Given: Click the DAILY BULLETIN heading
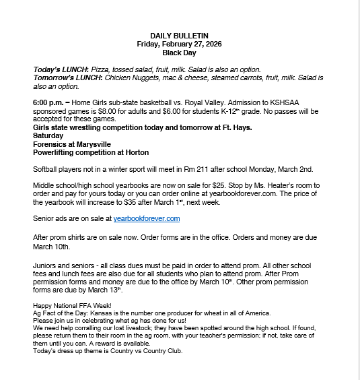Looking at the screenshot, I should click(179, 35).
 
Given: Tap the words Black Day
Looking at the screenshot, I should click(179, 52).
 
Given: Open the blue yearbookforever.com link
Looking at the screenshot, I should click(146, 218).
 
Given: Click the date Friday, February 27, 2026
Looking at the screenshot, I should click(179, 43).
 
